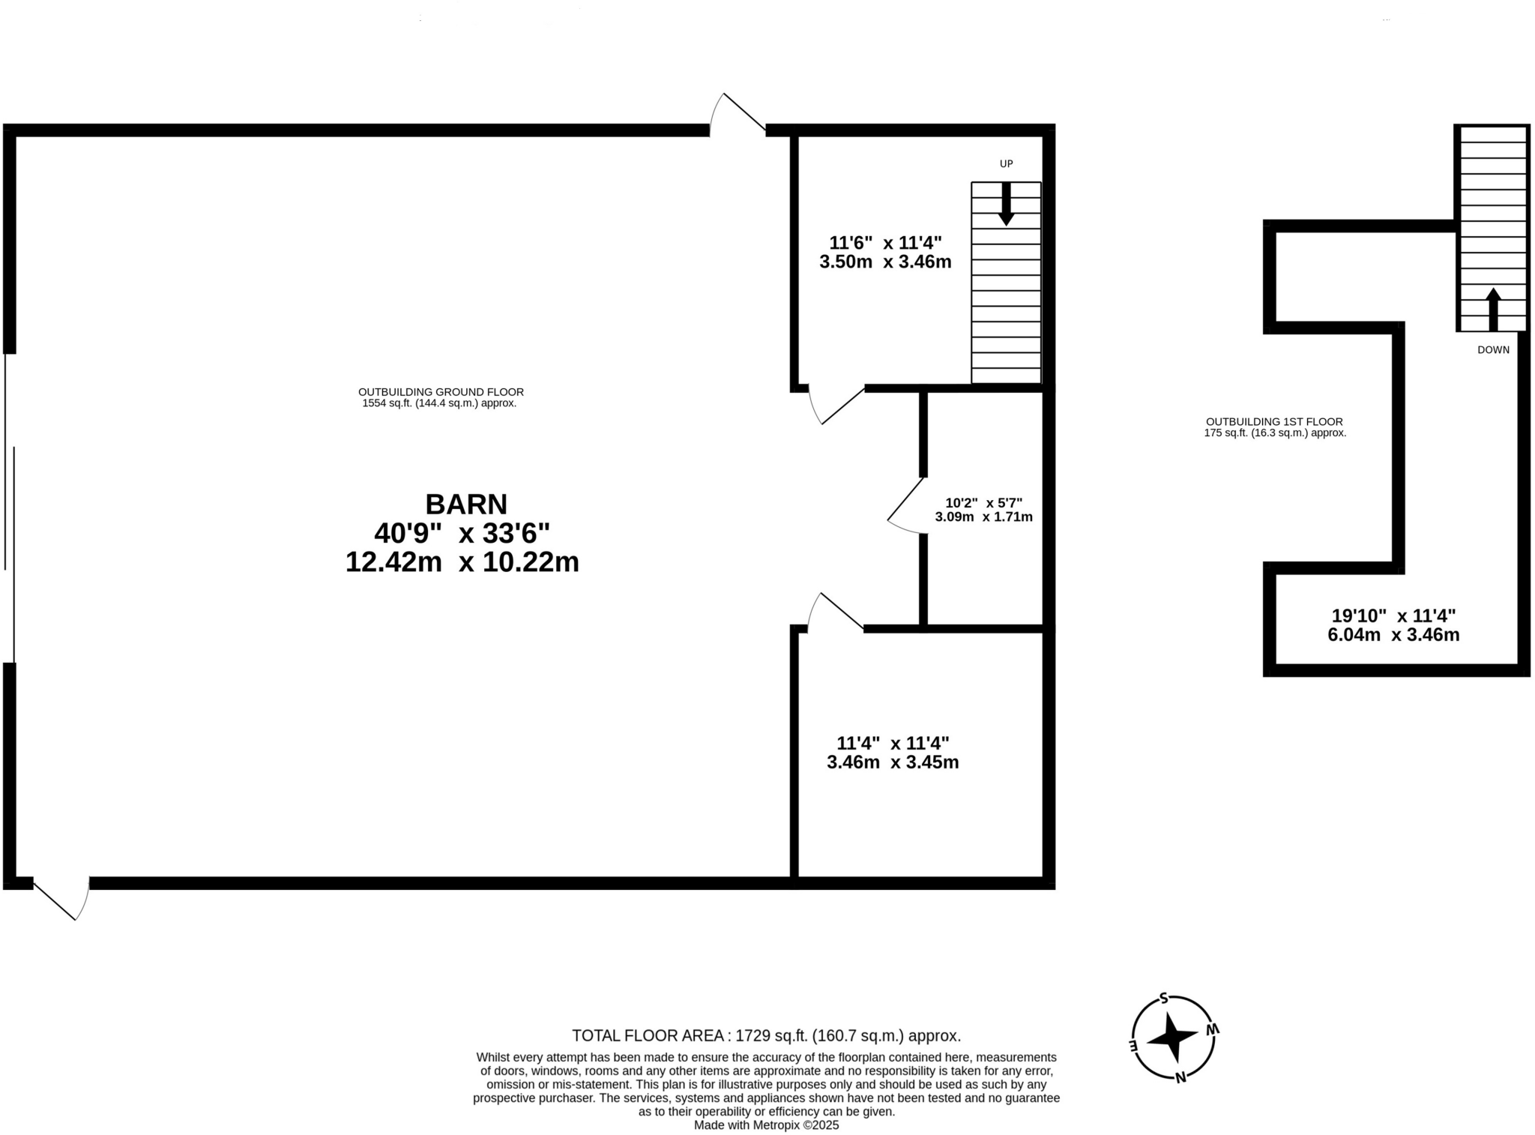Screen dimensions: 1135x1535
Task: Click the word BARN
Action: [x=465, y=504]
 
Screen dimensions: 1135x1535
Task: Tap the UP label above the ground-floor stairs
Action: [x=1006, y=163]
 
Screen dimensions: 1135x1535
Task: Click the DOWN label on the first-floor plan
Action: [x=1492, y=349]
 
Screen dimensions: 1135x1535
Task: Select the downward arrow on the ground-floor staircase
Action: [x=1006, y=204]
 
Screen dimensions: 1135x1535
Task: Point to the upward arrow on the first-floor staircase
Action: [x=1492, y=308]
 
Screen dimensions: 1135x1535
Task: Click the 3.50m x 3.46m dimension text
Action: [x=884, y=262]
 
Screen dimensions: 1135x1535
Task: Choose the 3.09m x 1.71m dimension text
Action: [x=983, y=517]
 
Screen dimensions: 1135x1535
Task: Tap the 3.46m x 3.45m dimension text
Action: [x=892, y=762]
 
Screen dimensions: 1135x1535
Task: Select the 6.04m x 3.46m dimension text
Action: [x=1393, y=635]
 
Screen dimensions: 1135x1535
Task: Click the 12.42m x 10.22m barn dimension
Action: [x=462, y=562]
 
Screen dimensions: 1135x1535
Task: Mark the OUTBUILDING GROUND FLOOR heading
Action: [x=440, y=391]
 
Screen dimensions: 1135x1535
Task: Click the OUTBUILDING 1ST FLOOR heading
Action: [x=1273, y=421]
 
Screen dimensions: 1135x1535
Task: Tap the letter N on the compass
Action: [x=1180, y=1078]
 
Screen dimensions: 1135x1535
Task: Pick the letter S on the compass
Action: [x=1163, y=998]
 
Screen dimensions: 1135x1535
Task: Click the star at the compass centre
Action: [x=1172, y=1038]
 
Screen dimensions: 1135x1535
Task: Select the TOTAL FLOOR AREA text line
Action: [x=765, y=1035]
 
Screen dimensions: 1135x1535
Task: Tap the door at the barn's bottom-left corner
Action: [x=61, y=897]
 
